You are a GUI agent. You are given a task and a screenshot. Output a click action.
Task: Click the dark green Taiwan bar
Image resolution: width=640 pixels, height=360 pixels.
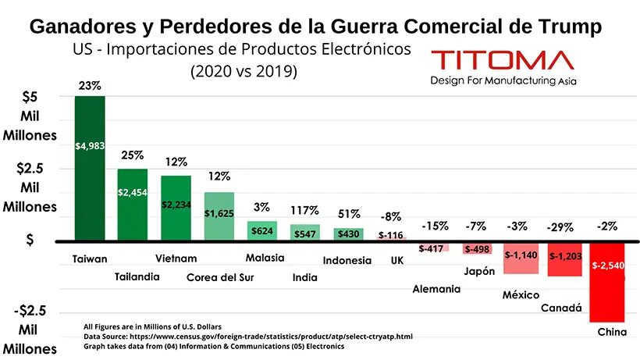90,168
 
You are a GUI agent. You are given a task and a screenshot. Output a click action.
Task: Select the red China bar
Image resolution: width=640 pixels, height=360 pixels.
607,283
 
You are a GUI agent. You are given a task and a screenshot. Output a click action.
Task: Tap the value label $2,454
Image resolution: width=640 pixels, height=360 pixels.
132,192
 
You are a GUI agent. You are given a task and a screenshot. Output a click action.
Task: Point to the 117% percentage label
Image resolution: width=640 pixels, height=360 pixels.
304,211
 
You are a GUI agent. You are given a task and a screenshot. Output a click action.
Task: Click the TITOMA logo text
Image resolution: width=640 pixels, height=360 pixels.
503,60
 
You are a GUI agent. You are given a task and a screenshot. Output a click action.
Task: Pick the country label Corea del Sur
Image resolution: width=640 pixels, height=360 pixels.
220,277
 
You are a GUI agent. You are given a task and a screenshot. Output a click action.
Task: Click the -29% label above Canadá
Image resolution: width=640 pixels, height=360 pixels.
560,227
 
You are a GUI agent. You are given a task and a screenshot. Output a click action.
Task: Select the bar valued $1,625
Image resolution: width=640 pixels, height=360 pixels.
219,216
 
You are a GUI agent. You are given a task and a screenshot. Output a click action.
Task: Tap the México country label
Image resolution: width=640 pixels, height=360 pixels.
521,294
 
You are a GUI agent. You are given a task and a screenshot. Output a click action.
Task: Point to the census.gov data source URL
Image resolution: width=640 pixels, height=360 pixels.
271,337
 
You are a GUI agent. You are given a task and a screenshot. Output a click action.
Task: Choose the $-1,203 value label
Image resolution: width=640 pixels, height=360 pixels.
565,256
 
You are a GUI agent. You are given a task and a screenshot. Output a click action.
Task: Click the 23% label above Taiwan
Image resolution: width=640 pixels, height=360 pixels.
90,86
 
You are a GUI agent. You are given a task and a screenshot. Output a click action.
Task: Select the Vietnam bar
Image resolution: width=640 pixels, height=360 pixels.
176,209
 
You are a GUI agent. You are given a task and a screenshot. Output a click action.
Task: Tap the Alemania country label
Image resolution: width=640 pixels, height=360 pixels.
436,289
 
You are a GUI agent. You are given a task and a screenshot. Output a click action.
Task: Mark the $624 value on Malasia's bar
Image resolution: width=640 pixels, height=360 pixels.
262,231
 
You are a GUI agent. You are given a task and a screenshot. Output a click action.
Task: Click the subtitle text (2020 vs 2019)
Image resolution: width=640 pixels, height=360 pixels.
244,71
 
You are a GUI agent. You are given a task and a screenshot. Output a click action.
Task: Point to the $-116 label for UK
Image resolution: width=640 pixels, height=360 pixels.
390,235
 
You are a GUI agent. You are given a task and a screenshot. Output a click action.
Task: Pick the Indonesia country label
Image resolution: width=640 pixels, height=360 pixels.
347,260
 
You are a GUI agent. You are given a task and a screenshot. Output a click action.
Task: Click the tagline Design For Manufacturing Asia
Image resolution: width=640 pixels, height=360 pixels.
503,80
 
